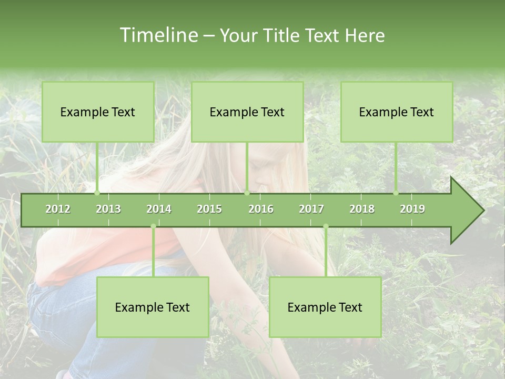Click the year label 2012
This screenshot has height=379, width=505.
(x=58, y=209)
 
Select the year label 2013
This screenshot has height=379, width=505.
(x=108, y=209)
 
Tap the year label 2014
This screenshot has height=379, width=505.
(x=159, y=209)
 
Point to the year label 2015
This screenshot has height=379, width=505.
(x=209, y=209)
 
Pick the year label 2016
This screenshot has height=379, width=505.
(x=261, y=209)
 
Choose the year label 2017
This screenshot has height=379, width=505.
(x=311, y=209)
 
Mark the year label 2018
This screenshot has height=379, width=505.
(x=362, y=209)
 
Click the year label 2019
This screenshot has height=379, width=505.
(x=412, y=209)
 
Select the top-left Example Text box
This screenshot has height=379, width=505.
(x=98, y=112)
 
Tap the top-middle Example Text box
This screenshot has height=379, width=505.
(x=247, y=112)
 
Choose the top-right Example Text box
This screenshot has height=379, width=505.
(x=397, y=112)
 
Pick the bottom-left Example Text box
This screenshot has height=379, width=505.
(x=153, y=307)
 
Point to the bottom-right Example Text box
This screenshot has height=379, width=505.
(x=325, y=307)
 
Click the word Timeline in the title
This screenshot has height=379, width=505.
(x=158, y=35)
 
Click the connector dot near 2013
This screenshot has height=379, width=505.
(x=97, y=193)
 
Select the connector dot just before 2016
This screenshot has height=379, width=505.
(x=247, y=193)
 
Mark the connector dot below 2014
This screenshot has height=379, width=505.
(x=153, y=226)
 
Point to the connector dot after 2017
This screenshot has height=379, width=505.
(x=326, y=226)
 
